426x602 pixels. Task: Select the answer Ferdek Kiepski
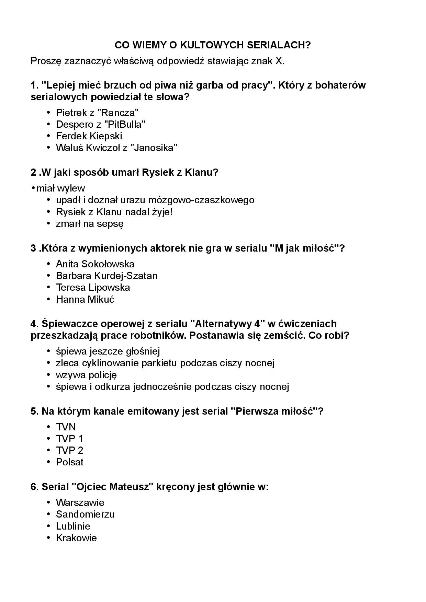(x=89, y=136)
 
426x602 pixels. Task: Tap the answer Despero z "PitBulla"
(x=101, y=124)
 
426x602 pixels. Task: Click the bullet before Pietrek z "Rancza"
(x=48, y=113)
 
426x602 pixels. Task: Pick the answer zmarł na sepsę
(x=90, y=224)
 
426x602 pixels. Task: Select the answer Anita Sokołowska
(x=95, y=264)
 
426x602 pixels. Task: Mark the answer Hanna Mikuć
(x=85, y=299)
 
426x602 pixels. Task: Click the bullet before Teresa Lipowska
(x=48, y=288)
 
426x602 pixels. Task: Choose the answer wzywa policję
(x=87, y=375)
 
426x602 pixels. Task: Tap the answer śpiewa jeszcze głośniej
(x=108, y=351)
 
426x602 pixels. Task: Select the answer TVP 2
(x=69, y=450)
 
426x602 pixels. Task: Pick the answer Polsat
(x=70, y=462)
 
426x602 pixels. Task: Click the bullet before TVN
(x=48, y=427)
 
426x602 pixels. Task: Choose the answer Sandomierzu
(x=85, y=514)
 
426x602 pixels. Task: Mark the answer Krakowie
(x=76, y=538)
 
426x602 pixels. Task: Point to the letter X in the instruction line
(x=279, y=61)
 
